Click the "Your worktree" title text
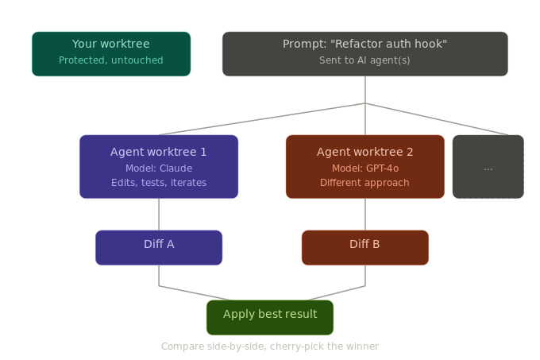click(111, 44)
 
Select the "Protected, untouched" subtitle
click(111, 60)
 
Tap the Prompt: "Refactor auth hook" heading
click(365, 44)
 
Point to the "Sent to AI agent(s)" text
click(365, 60)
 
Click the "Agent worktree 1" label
click(159, 152)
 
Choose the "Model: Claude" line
click(159, 168)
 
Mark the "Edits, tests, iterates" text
click(159, 183)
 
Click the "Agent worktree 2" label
click(365, 152)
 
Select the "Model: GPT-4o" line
click(365, 168)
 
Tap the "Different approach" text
click(365, 183)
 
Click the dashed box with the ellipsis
click(488, 167)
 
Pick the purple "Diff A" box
click(159, 247)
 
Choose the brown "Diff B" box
click(365, 247)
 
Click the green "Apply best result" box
click(270, 317)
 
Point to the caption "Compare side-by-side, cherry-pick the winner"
click(270, 346)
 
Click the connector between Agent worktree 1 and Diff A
click(159, 215)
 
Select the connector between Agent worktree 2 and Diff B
click(365, 215)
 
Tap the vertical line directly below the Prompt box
click(365, 89)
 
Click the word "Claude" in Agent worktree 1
click(175, 168)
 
